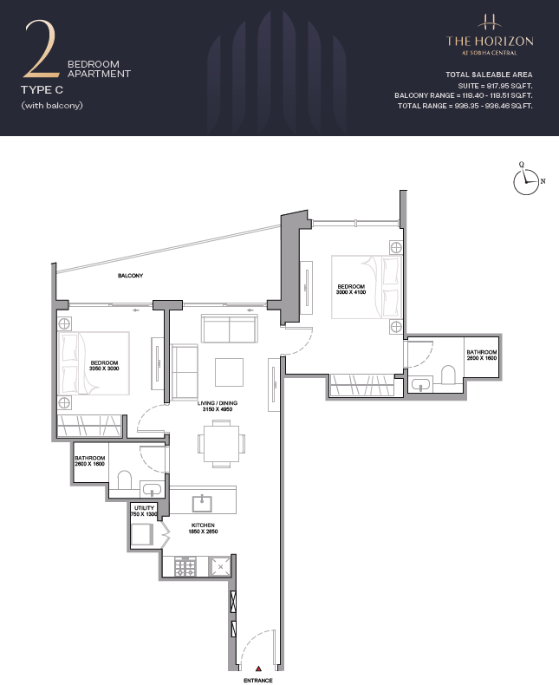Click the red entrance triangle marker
pyautogui.click(x=258, y=669)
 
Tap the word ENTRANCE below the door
pyautogui.click(x=257, y=680)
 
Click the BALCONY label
pyautogui.click(x=130, y=276)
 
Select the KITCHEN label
pyautogui.click(x=203, y=525)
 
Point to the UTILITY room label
pyautogui.click(x=144, y=508)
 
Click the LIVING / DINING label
pyautogui.click(x=218, y=403)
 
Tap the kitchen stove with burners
pyautogui.click(x=185, y=567)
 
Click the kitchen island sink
pyautogui.click(x=202, y=503)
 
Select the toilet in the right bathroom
pyautogui.click(x=449, y=375)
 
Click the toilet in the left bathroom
pyautogui.click(x=125, y=480)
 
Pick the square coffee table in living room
pyautogui.click(x=229, y=372)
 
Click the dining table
pyautogui.click(x=221, y=444)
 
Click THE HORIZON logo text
pyautogui.click(x=490, y=42)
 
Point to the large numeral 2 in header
pyautogui.click(x=41, y=48)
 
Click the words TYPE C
pyautogui.click(x=42, y=90)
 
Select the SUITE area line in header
pyautogui.click(x=495, y=86)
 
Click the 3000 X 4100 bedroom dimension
pyautogui.click(x=351, y=292)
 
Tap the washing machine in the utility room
pyautogui.click(x=142, y=534)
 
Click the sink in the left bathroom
pyautogui.click(x=151, y=489)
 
